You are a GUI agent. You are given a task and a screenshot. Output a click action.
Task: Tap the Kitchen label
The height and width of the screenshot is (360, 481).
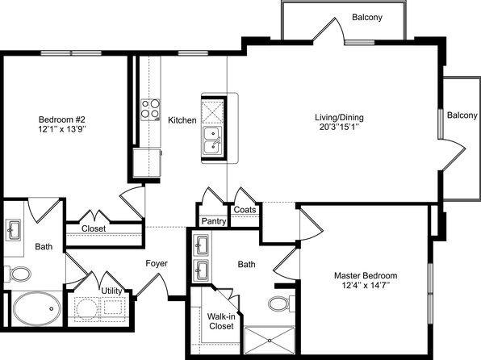coord(182,120)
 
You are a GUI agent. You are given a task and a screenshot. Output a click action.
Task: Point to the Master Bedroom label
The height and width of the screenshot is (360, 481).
coord(366,275)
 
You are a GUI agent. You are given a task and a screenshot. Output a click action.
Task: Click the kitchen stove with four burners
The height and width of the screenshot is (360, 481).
coord(149,108)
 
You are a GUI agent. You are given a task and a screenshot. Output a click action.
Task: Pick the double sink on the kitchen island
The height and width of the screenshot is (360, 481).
coord(213,139)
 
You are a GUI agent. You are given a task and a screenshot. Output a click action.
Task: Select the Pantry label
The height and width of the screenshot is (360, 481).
coord(213,220)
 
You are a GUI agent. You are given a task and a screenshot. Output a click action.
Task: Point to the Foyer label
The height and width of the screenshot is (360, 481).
coord(157,263)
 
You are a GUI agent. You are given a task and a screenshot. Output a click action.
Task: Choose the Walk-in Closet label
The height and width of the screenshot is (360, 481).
coord(220,321)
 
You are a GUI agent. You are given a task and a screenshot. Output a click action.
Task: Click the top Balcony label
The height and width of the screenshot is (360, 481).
coord(367,17)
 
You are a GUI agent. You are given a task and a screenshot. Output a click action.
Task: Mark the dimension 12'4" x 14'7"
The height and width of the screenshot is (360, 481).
coord(366,286)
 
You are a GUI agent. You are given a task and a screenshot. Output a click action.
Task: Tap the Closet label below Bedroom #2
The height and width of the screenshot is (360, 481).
coord(94,229)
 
